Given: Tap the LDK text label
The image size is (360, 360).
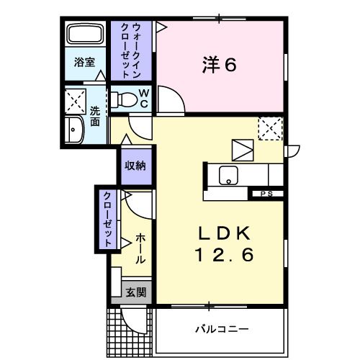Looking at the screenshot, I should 224,233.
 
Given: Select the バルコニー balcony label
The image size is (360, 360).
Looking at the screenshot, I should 222,329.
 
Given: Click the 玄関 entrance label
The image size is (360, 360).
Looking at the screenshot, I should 135,292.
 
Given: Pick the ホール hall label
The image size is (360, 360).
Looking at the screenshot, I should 140,248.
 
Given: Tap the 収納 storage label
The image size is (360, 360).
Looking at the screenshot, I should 135,166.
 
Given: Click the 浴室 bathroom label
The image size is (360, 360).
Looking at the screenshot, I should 84,63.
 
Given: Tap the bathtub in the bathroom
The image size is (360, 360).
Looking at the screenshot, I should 86,35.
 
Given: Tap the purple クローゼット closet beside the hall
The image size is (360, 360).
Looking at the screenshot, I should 106,220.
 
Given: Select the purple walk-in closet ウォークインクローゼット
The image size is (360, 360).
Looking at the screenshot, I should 131,50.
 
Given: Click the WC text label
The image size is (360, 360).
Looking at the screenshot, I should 143,99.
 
